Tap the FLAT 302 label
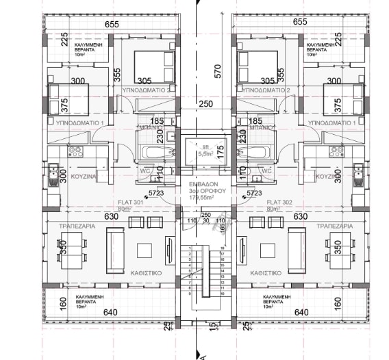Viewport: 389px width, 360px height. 281,203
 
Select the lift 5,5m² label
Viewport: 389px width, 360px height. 203,152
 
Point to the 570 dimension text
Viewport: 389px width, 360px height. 218,68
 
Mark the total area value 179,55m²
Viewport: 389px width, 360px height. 203,198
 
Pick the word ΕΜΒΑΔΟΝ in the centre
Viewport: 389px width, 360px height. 203,186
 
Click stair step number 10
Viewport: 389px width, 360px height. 223,294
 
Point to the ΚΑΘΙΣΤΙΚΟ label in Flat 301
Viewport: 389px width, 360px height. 145,272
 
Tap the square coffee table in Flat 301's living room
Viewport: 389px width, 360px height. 146,248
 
